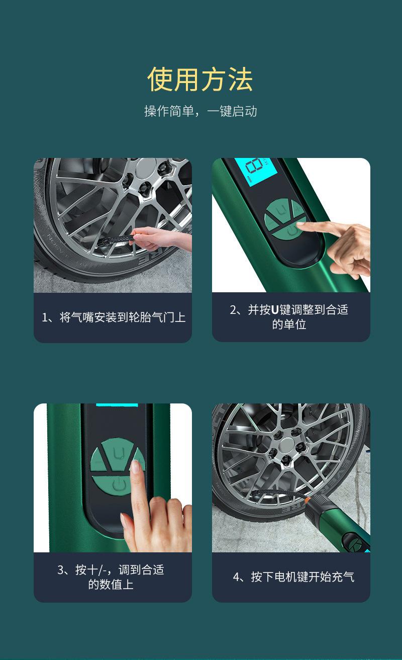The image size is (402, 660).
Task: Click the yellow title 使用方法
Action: point(200,79)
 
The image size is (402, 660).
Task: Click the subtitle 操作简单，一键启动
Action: point(200,111)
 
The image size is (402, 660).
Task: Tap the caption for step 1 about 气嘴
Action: point(113,317)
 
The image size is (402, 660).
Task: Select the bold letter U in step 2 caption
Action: point(274,310)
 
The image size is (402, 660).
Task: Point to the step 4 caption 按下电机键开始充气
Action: point(293,576)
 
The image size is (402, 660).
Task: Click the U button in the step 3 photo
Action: point(117,453)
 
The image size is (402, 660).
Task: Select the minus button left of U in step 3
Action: point(98,460)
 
